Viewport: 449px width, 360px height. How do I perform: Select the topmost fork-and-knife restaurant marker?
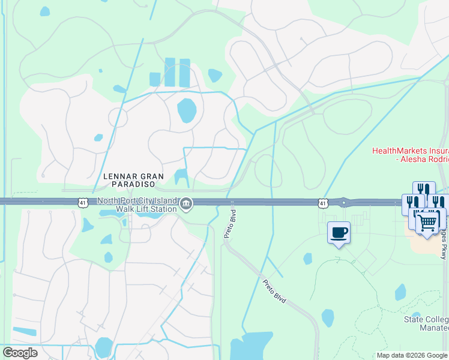(424, 190)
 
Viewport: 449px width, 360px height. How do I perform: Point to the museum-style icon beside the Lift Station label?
(187, 205)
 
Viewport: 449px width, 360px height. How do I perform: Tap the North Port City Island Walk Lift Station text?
(137, 205)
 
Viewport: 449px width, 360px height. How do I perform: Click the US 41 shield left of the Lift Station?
(83, 203)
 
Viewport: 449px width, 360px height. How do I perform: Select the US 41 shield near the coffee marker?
(323, 204)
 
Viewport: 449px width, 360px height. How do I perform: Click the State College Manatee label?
(426, 323)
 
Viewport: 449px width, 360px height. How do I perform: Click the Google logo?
(20, 352)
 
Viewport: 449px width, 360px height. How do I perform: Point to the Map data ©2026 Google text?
(412, 355)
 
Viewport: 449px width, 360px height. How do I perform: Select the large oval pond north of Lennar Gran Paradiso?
(187, 110)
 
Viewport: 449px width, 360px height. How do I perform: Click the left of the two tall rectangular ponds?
(170, 72)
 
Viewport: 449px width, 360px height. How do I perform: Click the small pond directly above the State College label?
(400, 292)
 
